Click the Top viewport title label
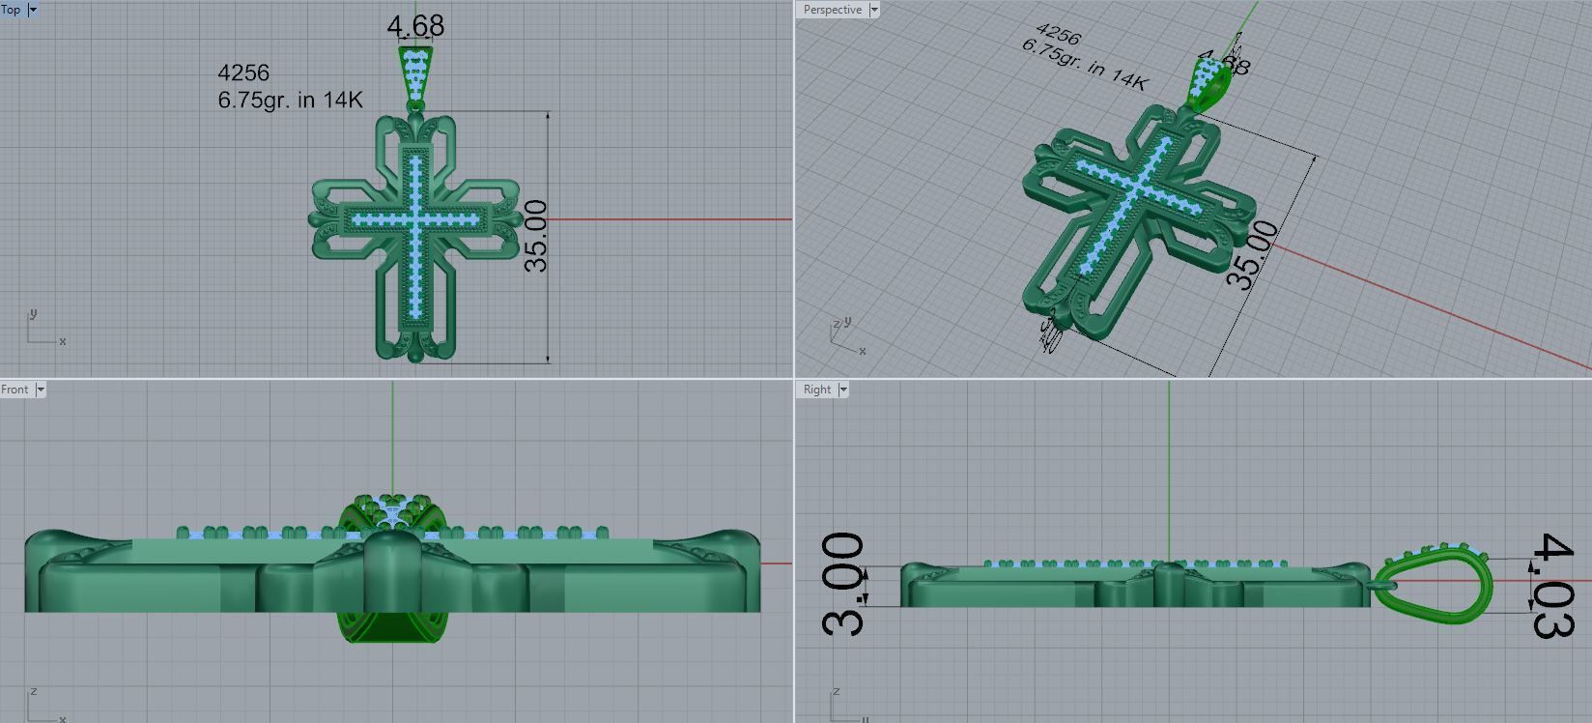[x=12, y=10]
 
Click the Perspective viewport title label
[x=832, y=10]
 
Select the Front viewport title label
[x=15, y=390]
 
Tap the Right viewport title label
[x=816, y=390]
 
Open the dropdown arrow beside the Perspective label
[x=874, y=10]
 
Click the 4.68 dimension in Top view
[x=415, y=26]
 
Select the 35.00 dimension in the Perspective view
[x=1253, y=255]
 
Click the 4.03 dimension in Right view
[x=1554, y=586]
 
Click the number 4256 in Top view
[x=243, y=72]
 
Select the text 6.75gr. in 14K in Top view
[x=290, y=99]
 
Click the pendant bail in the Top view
[x=415, y=72]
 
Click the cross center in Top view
[x=415, y=220]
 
